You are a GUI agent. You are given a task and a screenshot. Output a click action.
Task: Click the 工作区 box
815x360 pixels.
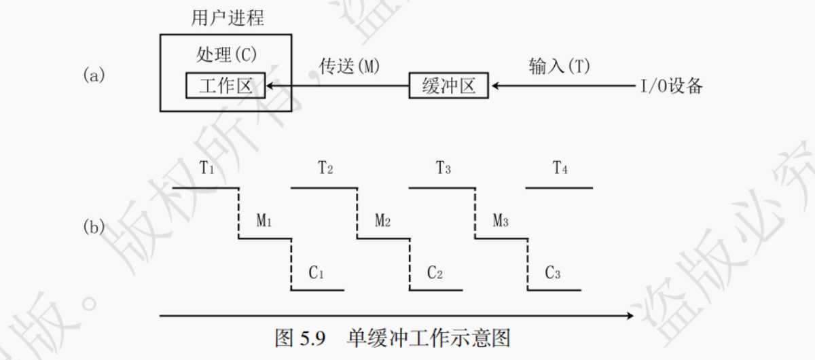pyautogui.click(x=225, y=86)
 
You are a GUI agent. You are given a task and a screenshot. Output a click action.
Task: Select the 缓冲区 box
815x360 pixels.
pyautogui.click(x=448, y=86)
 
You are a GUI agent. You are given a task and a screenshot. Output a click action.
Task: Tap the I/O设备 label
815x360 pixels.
pyautogui.click(x=671, y=87)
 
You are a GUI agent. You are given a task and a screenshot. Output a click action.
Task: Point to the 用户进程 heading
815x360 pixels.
pyautogui.click(x=227, y=18)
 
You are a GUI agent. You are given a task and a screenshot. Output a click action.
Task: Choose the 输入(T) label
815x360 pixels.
pyautogui.click(x=559, y=67)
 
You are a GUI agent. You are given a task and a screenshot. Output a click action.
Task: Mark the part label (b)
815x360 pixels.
pyautogui.click(x=94, y=227)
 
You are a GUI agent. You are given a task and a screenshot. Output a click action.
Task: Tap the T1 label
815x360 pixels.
pyautogui.click(x=207, y=167)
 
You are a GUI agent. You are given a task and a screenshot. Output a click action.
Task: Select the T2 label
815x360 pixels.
pyautogui.click(x=325, y=168)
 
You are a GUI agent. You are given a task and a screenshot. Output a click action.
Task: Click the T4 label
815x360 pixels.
pyautogui.click(x=560, y=168)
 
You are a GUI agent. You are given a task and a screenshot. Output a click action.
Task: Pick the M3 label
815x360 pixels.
pyautogui.click(x=501, y=220)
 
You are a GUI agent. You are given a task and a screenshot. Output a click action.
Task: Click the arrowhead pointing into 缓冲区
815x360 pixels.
pyautogui.click(x=496, y=86)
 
